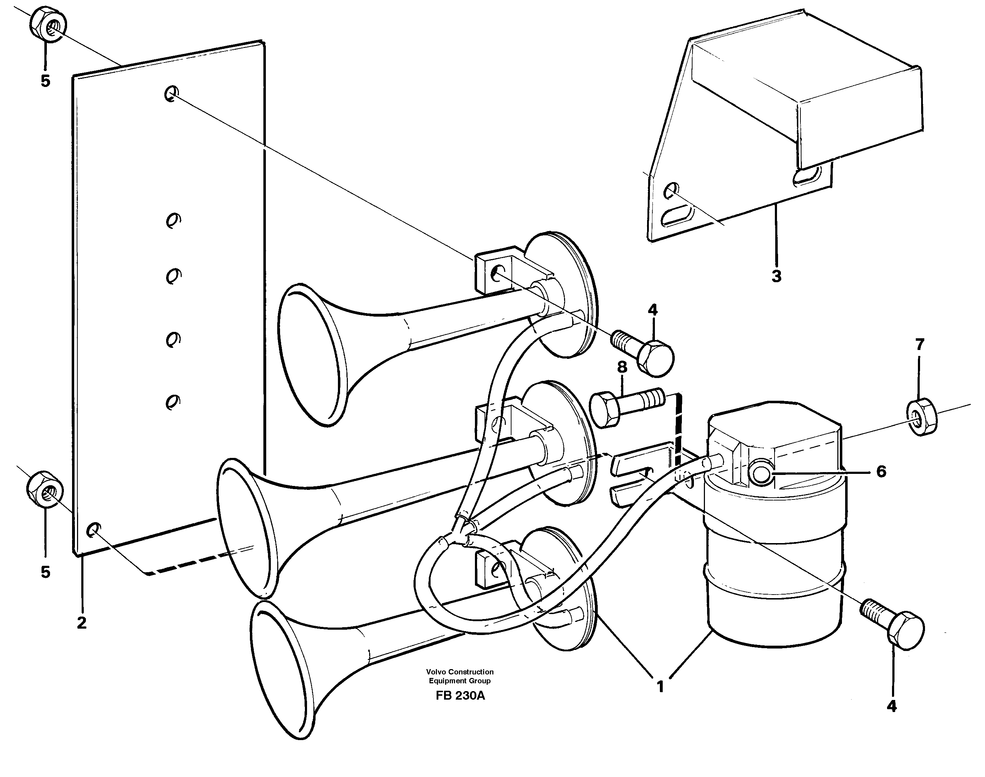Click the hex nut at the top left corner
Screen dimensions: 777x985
49,24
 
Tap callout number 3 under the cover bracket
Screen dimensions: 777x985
776,276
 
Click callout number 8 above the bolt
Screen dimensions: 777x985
622,367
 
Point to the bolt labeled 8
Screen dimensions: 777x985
627,407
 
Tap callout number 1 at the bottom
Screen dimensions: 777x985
660,686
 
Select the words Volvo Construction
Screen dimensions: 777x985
460,672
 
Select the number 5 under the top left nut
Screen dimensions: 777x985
45,81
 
